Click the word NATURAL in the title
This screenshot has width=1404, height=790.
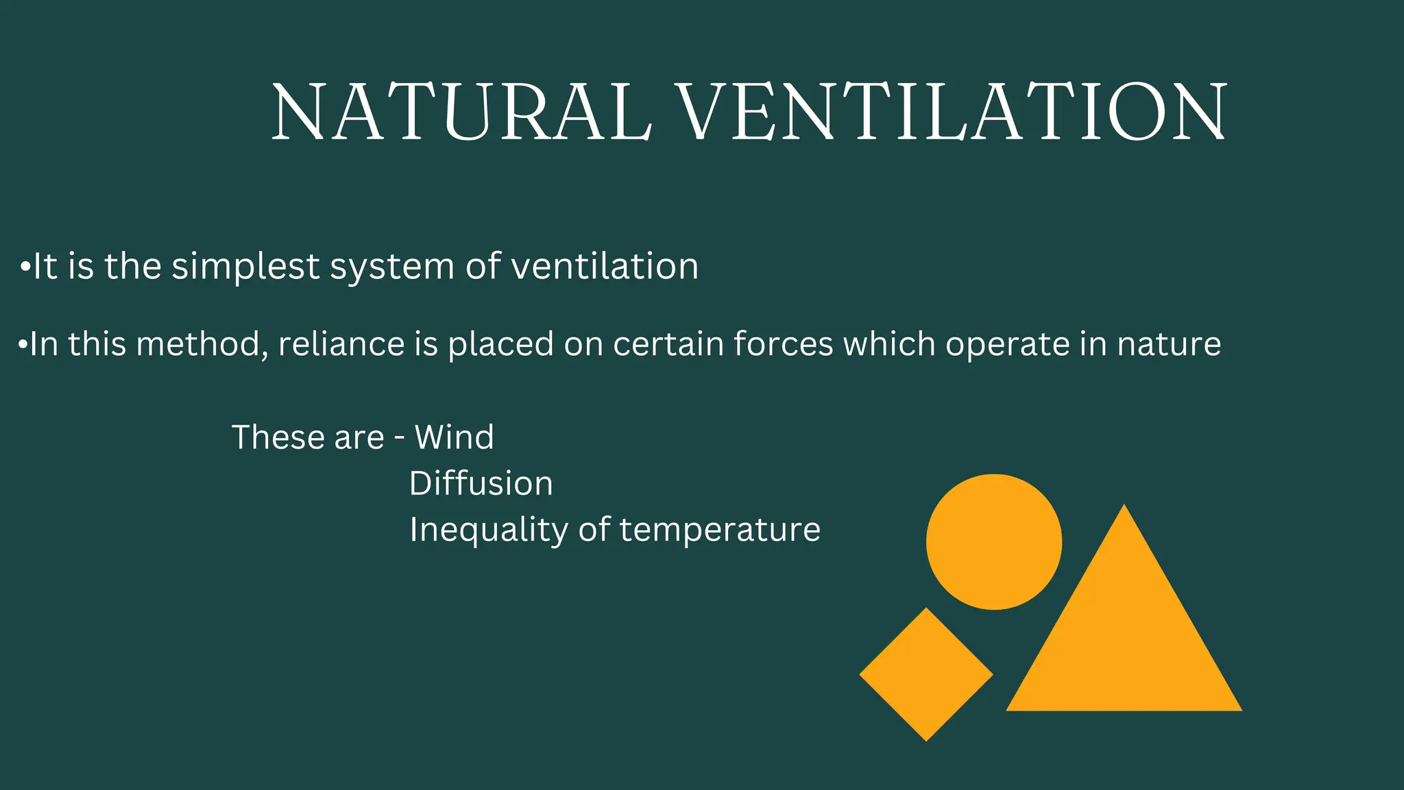click(461, 112)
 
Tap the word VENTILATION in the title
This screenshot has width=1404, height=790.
click(953, 112)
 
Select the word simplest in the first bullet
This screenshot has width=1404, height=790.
click(245, 267)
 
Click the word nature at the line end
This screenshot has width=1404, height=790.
click(1169, 344)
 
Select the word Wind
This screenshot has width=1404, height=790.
click(454, 438)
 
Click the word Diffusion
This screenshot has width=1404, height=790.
click(481, 483)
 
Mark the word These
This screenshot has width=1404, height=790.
click(273, 438)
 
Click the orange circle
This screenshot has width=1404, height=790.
click(993, 542)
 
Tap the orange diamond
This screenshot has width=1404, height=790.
click(926, 674)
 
